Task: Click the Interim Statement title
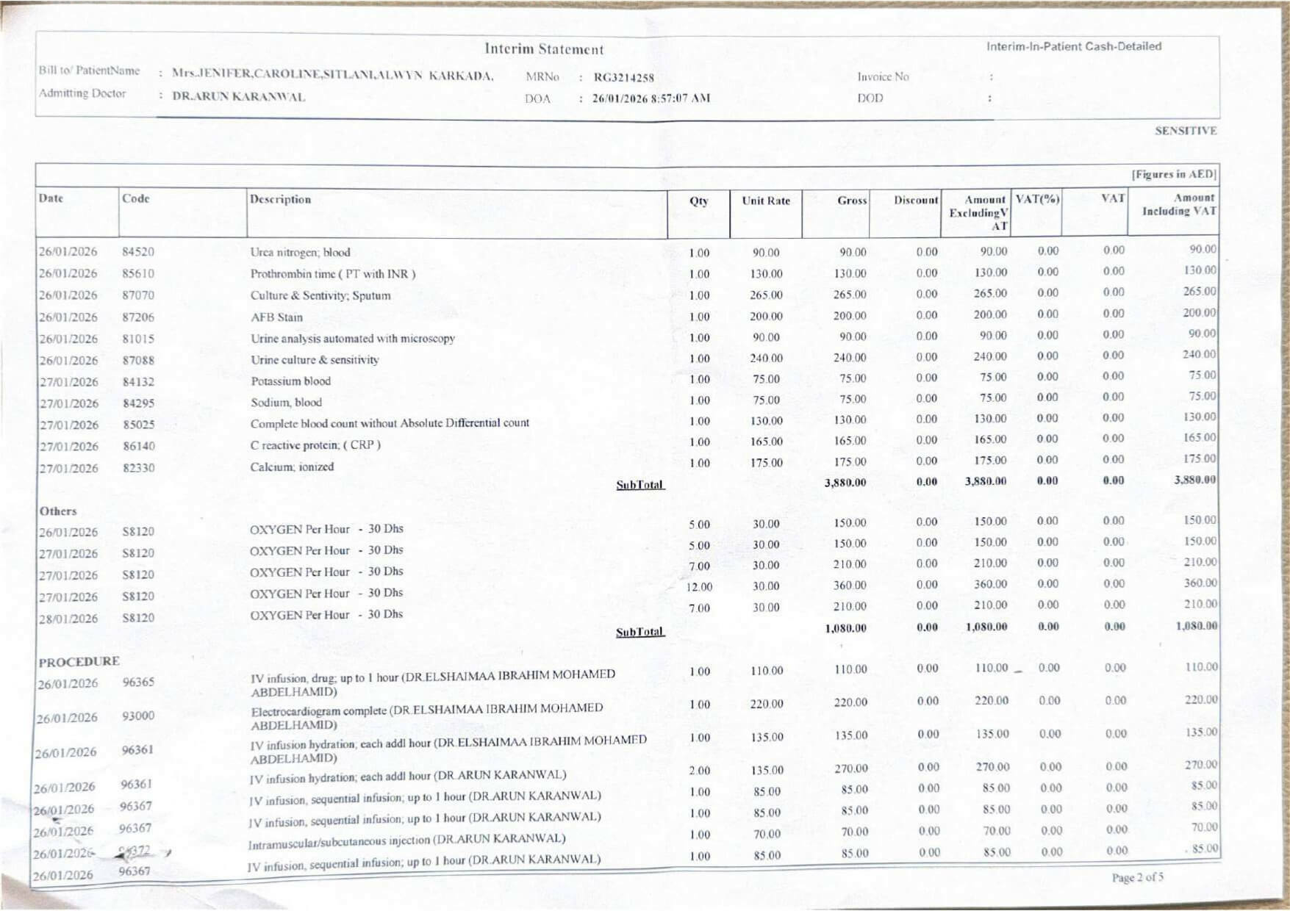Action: click(544, 49)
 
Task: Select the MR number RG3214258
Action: click(623, 77)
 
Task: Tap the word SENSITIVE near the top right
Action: click(1185, 131)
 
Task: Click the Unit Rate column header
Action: click(765, 201)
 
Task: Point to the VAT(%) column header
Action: click(1037, 198)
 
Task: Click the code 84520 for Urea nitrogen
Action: click(138, 252)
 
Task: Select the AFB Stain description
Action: click(276, 317)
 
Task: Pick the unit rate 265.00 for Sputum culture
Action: click(766, 295)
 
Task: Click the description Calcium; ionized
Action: click(292, 467)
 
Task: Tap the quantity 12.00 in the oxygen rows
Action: click(699, 587)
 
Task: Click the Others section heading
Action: click(58, 511)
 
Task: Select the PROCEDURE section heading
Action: click(79, 661)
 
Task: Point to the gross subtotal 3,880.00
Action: click(845, 483)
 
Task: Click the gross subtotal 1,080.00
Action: click(845, 629)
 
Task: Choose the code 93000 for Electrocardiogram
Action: click(138, 716)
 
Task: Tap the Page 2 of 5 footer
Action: click(1137, 877)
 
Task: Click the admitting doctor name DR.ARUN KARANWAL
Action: click(238, 97)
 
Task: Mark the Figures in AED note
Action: click(1173, 175)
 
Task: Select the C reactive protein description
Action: click(315, 445)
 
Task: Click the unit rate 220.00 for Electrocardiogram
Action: click(766, 705)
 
